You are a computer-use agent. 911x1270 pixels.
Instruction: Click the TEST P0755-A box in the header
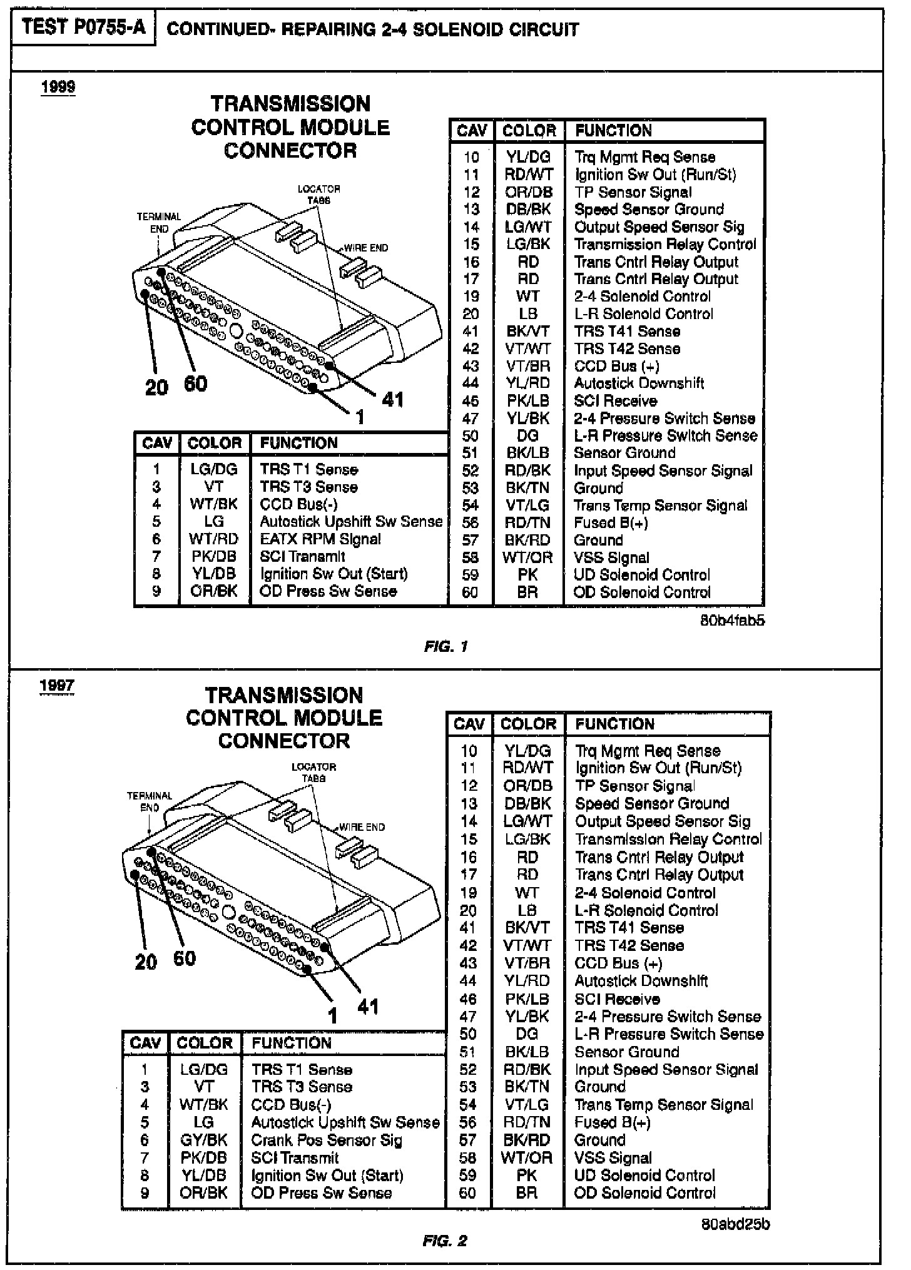83,28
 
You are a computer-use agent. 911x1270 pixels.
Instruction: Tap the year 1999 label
58,86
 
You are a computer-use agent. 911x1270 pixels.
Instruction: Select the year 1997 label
57,685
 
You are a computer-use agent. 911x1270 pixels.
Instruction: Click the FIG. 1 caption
445,646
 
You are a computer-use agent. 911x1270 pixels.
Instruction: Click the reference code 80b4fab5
733,621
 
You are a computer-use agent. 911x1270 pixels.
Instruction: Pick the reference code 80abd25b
736,1224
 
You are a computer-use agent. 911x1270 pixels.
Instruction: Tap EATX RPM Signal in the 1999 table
320,539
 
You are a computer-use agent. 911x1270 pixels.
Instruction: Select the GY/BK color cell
204,1140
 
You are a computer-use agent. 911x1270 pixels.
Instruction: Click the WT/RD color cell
213,539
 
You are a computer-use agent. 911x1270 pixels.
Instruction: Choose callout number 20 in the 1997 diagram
145,962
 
